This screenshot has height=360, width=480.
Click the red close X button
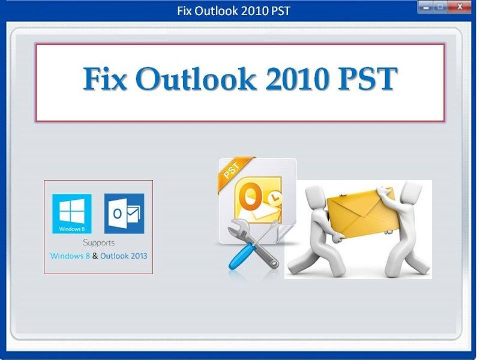tap(459, 7)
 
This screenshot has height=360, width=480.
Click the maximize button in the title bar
tap(440, 7)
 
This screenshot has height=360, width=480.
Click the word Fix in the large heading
tap(104, 79)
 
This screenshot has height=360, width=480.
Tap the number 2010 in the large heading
tap(296, 79)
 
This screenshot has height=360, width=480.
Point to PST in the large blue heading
tap(367, 79)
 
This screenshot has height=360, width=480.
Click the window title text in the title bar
tap(233, 11)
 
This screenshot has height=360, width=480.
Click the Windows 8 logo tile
tap(71, 214)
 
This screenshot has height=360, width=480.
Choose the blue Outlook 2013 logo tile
tap(124, 214)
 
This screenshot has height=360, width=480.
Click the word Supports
tap(98, 243)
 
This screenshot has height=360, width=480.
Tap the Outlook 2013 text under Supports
tap(124, 256)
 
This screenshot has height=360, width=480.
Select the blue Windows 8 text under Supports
tap(70, 256)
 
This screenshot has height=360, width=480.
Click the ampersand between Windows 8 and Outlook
tap(95, 256)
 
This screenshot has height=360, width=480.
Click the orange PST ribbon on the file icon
tap(235, 173)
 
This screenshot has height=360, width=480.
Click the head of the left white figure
tap(316, 193)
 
